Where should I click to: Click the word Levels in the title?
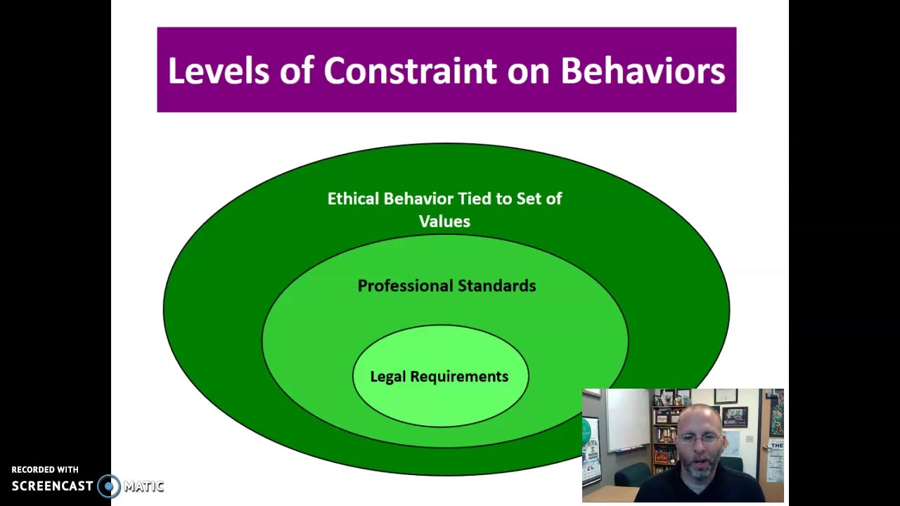[218, 71]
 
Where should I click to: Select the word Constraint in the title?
[409, 71]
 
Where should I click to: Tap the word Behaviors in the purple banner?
[642, 71]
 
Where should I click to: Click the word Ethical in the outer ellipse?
[354, 199]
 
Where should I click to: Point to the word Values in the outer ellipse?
[444, 221]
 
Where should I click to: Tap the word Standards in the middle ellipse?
[496, 286]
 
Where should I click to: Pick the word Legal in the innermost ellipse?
[388, 377]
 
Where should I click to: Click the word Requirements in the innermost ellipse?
[459, 377]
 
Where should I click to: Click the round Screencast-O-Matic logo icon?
[109, 486]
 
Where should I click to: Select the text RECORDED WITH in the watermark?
[45, 469]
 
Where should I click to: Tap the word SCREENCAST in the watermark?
[52, 486]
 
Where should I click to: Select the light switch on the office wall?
[750, 439]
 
